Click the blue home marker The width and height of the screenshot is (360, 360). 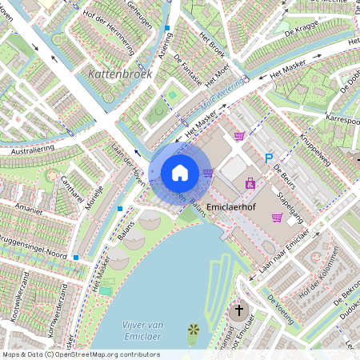180,172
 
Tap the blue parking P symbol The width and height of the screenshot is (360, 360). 269,158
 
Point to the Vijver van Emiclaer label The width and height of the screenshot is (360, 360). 143,329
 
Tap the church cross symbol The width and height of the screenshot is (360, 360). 238,310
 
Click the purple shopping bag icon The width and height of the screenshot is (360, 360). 250,183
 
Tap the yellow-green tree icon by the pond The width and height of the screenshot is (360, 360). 193,330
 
